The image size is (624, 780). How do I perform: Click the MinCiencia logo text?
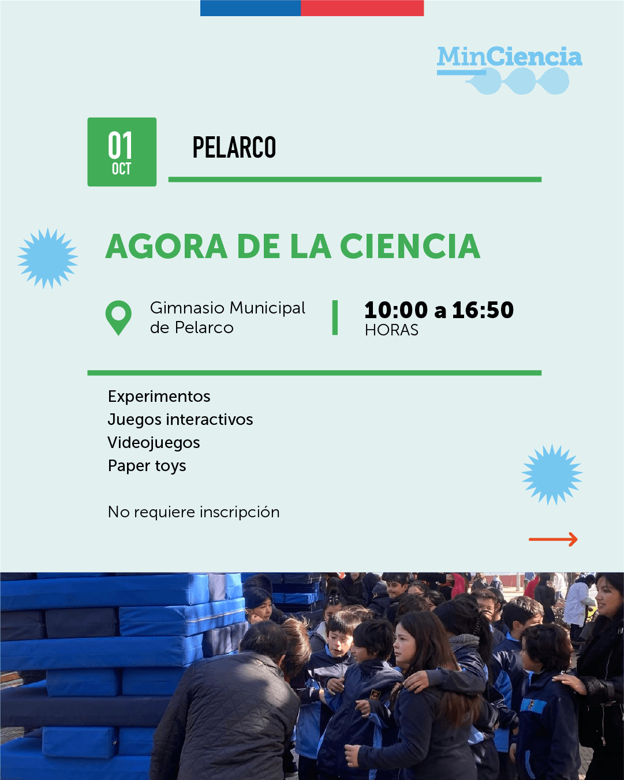[510, 57]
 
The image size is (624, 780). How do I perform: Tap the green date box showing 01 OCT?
[122, 152]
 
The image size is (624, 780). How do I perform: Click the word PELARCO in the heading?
[234, 147]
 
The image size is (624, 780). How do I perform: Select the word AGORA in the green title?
[167, 247]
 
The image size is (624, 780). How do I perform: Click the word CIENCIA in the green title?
[410, 247]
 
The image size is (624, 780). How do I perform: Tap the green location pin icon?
[118, 318]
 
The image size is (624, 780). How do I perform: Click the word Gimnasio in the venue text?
[188, 308]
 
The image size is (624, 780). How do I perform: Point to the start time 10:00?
[396, 310]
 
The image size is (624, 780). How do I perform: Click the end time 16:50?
[483, 310]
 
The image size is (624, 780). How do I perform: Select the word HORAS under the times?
[391, 330]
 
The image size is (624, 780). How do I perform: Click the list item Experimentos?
[159, 397]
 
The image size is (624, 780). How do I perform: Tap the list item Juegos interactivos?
[181, 420]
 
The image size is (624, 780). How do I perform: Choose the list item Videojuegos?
[154, 443]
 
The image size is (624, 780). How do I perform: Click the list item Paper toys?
[147, 466]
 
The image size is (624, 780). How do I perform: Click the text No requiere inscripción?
[194, 512]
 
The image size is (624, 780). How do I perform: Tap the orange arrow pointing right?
[553, 539]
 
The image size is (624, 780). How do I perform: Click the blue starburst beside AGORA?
[48, 259]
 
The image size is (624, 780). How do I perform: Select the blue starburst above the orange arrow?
[552, 475]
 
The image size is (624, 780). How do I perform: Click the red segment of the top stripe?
[362, 8]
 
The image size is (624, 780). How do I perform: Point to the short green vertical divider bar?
[335, 318]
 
